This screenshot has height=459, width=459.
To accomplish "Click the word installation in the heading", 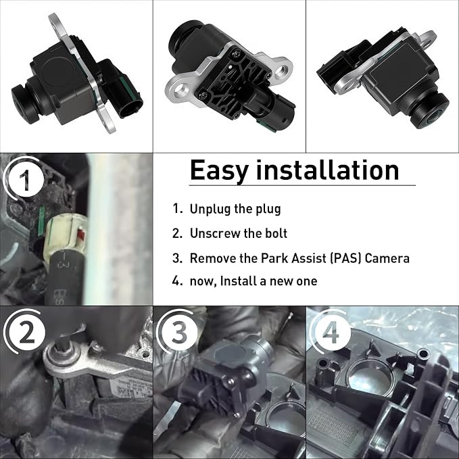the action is (x=328, y=170).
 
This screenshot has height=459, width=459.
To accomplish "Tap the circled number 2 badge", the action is (x=27, y=332).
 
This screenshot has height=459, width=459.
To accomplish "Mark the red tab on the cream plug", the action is (x=81, y=235).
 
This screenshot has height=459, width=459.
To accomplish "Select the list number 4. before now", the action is (x=177, y=281).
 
